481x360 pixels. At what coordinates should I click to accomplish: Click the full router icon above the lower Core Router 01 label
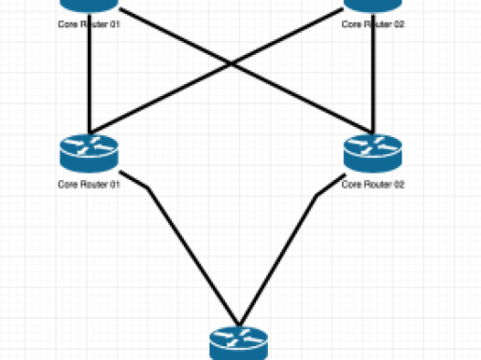pos(90,154)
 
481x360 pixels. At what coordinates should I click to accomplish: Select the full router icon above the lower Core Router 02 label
pos(373,154)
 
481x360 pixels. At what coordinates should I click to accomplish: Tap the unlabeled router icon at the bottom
pos(239,344)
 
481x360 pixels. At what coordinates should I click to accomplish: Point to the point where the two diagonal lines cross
pos(231,64)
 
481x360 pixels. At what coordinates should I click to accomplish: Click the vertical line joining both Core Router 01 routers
pos(90,73)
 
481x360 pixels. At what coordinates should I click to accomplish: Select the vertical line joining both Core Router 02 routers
pos(373,73)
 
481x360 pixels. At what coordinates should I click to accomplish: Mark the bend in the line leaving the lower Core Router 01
pos(148,187)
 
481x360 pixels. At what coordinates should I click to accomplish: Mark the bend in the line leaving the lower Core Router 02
pos(316,195)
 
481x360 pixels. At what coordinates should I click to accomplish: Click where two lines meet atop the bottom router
pos(240,324)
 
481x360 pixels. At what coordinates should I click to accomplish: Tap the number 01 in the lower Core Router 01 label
pos(114,185)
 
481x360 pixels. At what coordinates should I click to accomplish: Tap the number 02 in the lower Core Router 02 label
pos(399,185)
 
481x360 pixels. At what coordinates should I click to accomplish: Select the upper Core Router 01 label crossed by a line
pos(89,24)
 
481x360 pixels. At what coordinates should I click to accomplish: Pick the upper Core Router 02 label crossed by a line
pos(373,24)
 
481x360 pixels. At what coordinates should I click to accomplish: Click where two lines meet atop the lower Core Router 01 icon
pos(90,133)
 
